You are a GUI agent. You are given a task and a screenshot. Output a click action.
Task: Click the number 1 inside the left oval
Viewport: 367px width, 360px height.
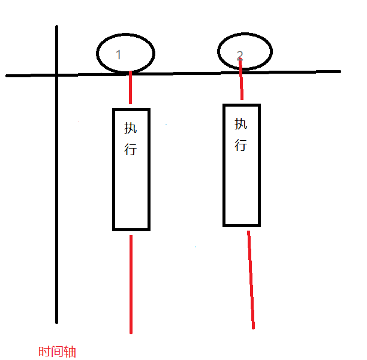(118, 55)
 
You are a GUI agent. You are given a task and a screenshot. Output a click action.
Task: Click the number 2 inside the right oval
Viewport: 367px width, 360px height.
(240, 55)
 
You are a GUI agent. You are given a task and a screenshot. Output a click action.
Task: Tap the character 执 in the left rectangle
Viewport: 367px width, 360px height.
(131, 128)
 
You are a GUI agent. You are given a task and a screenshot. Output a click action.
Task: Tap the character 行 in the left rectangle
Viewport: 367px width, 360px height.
(131, 149)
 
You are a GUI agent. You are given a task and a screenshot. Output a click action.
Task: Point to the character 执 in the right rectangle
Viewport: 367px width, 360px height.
(240, 124)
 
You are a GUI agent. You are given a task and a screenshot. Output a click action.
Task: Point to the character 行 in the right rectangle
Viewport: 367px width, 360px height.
(240, 144)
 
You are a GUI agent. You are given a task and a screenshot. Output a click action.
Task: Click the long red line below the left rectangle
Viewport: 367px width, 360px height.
(130, 285)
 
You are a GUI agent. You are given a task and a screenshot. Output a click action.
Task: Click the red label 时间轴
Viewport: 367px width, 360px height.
(57, 352)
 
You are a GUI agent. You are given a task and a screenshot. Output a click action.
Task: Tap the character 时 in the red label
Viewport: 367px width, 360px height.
(44, 352)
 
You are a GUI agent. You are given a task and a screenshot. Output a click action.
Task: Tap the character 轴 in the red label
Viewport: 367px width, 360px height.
(70, 352)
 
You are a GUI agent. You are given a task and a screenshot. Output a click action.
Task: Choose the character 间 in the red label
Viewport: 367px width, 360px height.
(57, 352)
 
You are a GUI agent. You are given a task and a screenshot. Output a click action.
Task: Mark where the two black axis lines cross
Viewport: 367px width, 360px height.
(57, 75)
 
